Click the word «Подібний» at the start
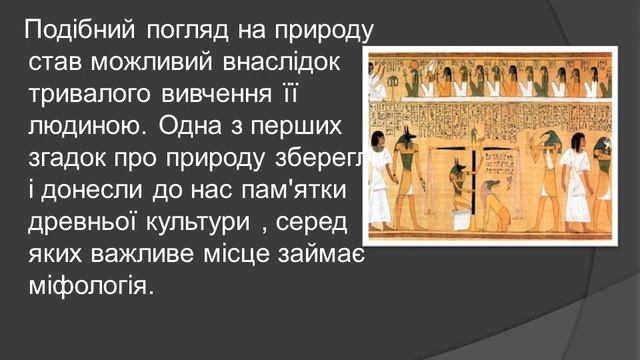(x=71, y=27)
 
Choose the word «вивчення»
(x=212, y=97)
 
